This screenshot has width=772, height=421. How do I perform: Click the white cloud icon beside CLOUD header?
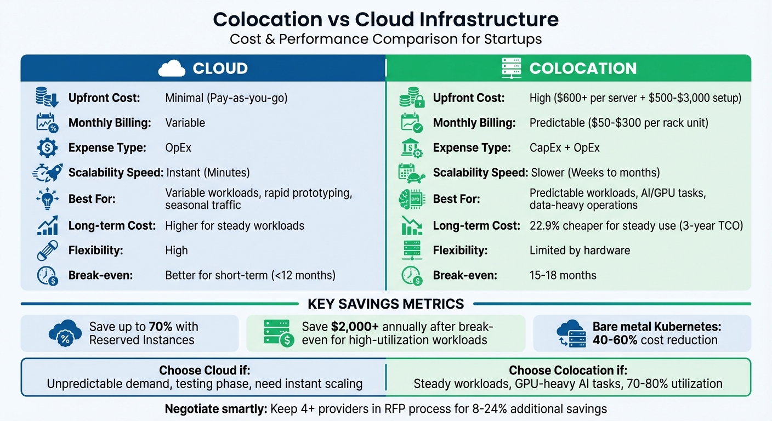171,68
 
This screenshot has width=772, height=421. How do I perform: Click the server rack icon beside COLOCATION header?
511,68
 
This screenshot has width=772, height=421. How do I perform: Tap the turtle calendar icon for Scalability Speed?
411,173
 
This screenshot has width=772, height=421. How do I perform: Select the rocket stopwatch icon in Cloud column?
47,173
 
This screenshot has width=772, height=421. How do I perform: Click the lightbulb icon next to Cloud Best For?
47,198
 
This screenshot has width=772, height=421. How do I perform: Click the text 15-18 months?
563,275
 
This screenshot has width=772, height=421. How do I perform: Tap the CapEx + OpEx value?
564,148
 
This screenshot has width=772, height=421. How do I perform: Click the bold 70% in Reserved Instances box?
161,327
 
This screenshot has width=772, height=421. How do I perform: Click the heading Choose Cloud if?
205,371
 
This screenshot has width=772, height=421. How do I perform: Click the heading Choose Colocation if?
568,371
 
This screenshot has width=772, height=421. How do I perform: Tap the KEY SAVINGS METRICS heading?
386,304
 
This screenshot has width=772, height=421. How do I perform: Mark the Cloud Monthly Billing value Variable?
185,123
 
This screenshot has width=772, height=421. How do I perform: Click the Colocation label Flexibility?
461,251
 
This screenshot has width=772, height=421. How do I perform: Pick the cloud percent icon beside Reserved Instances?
65,333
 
